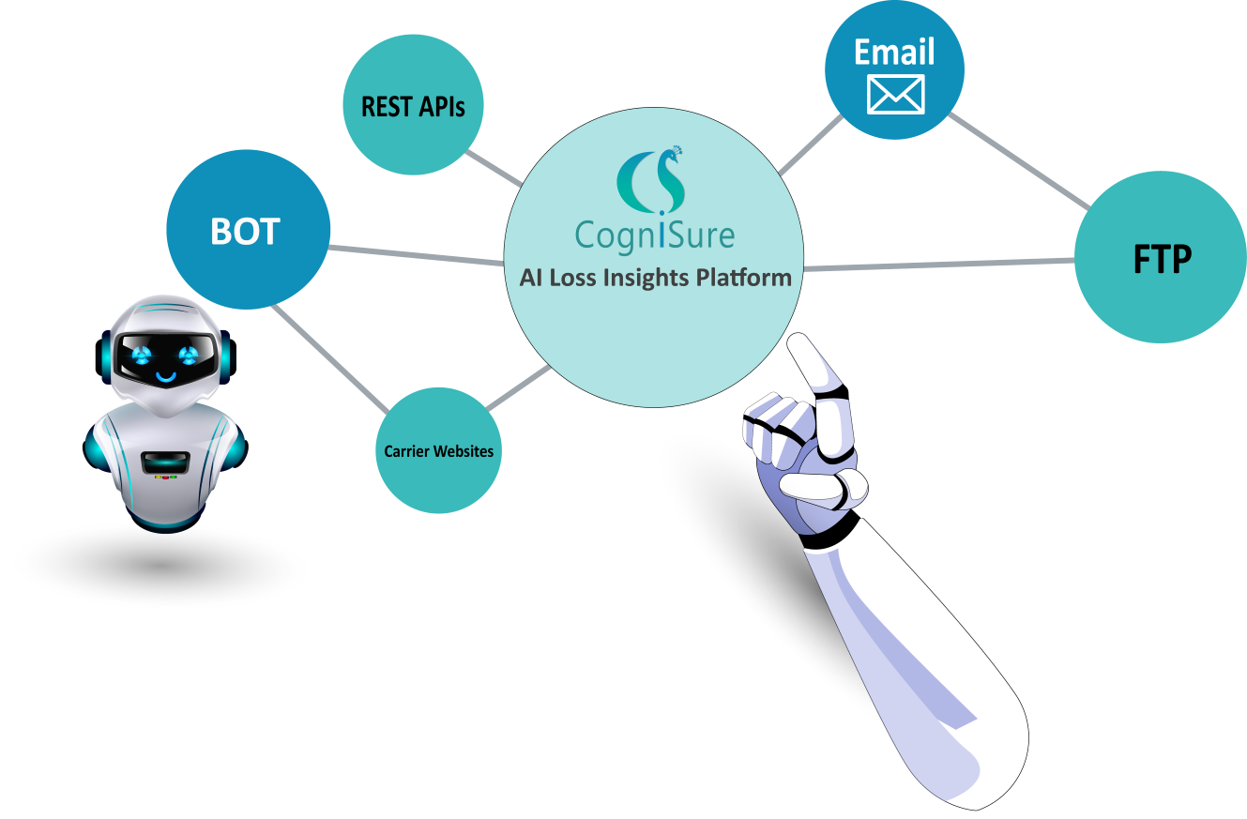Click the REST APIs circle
(x=413, y=106)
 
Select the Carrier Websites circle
(x=438, y=451)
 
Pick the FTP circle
(x=1162, y=259)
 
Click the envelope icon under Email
(x=895, y=94)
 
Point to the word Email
(x=894, y=52)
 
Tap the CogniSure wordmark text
(x=655, y=235)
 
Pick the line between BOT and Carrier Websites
(x=328, y=359)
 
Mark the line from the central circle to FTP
(x=938, y=265)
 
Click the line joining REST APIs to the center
(x=494, y=166)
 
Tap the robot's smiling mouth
(x=166, y=377)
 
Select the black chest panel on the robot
(x=166, y=461)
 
